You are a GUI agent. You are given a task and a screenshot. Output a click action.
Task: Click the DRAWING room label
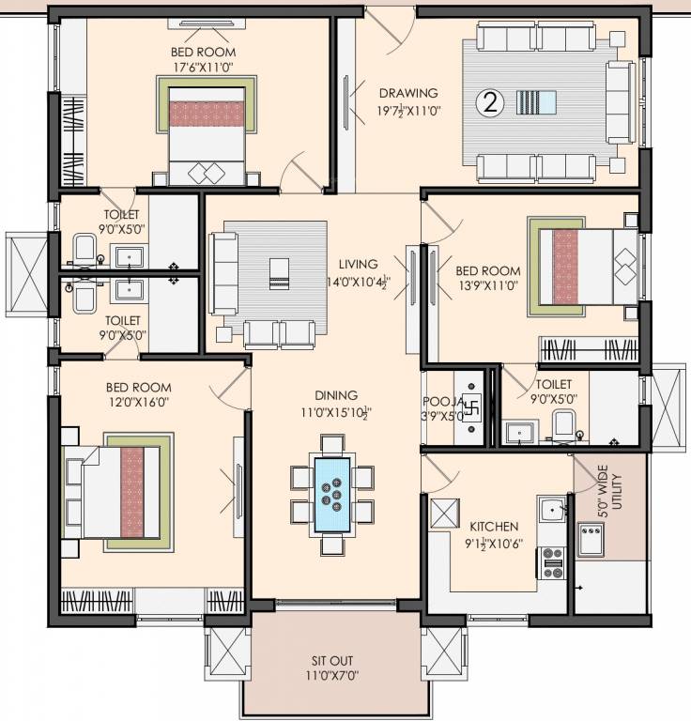[x=408, y=93]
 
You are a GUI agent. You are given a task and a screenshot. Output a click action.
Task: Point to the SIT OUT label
[x=333, y=660]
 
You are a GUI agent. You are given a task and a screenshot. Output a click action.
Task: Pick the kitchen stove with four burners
[x=551, y=561]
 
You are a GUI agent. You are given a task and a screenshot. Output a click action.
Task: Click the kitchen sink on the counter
[x=552, y=512]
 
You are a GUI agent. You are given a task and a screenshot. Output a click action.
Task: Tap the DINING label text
[x=334, y=396]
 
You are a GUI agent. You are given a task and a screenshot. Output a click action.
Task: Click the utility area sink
[x=591, y=541]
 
